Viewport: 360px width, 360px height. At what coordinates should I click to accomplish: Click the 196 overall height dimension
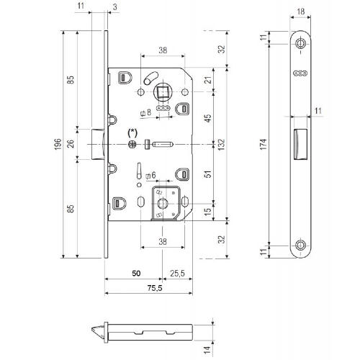[58, 144]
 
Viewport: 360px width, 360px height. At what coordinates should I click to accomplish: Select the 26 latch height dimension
[71, 143]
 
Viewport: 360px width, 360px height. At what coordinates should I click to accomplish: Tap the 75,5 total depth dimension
[155, 288]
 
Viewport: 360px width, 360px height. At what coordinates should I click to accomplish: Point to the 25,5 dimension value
[177, 273]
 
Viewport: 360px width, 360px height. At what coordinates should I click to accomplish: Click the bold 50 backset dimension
[136, 273]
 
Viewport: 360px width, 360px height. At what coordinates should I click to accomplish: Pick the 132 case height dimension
[222, 144]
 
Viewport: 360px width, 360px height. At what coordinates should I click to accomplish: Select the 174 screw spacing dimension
[264, 144]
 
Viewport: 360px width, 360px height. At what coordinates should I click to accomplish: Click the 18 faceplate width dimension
[300, 12]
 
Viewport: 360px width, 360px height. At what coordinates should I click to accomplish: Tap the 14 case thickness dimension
[207, 349]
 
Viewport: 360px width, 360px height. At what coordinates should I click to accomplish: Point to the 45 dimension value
[208, 118]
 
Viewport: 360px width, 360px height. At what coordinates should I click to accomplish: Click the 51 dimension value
[208, 174]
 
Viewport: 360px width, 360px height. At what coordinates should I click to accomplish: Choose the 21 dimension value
[208, 80]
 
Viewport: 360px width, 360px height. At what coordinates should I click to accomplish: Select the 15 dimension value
[207, 211]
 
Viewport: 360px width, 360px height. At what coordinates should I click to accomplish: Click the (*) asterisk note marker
[132, 132]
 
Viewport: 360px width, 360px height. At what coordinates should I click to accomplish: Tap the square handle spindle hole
[162, 92]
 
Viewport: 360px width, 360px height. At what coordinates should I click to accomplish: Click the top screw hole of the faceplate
[300, 43]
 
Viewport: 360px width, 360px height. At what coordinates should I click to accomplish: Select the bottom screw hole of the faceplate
[300, 246]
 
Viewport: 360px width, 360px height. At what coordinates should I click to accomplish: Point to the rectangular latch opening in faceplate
[300, 144]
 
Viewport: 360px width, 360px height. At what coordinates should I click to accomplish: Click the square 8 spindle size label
[146, 112]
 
